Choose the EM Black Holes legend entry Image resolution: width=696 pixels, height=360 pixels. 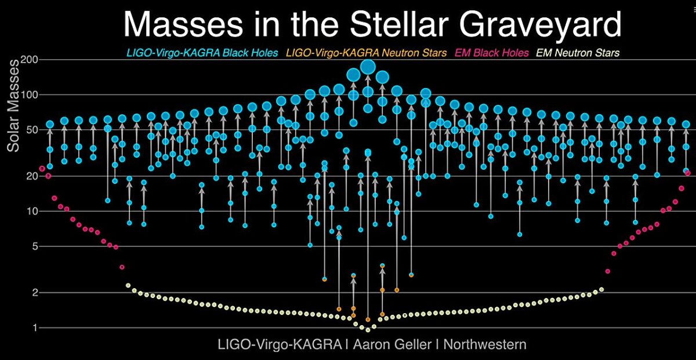pos(491,53)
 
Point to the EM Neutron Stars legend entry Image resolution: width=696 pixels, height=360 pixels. pos(577,53)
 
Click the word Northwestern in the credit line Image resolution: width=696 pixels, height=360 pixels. pos(486,344)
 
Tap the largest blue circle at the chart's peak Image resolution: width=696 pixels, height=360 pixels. pos(368,67)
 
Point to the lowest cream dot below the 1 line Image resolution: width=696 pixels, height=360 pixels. pos(368,330)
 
